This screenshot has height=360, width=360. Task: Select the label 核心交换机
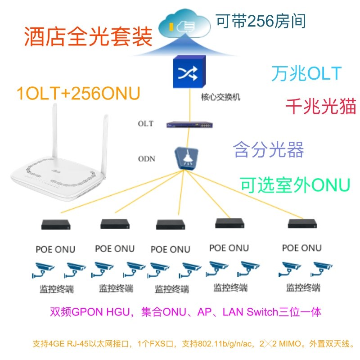pyautogui.click(x=218, y=97)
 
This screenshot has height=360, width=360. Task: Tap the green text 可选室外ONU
pyautogui.click(x=295, y=184)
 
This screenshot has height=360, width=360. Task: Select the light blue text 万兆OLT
pyautogui.click(x=306, y=73)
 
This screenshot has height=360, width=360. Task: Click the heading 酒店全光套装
pyautogui.click(x=88, y=37)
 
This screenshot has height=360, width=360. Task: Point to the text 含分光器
pyautogui.click(x=269, y=150)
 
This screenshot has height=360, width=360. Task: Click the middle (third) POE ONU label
pyautogui.click(x=171, y=249)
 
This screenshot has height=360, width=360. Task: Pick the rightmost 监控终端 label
pyautogui.click(x=303, y=288)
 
